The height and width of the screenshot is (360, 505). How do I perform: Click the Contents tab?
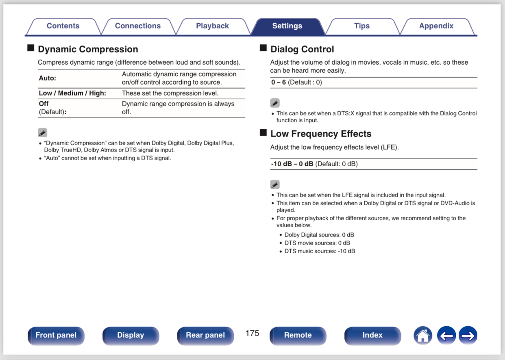pyautogui.click(x=63, y=26)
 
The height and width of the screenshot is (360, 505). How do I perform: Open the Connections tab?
pyautogui.click(x=138, y=26)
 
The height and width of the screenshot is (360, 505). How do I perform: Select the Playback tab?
pyautogui.click(x=212, y=26)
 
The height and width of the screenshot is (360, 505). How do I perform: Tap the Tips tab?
pyautogui.click(x=361, y=26)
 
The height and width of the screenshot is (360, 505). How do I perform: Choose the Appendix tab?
pyautogui.click(x=436, y=26)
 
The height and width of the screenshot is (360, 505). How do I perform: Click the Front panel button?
pyautogui.click(x=56, y=335)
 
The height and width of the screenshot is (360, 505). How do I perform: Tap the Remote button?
pyautogui.click(x=298, y=335)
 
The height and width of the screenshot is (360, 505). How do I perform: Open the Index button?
pyautogui.click(x=372, y=335)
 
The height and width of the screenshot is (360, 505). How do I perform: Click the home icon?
pyautogui.click(x=423, y=336)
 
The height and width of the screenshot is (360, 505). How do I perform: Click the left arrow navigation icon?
pyautogui.click(x=446, y=336)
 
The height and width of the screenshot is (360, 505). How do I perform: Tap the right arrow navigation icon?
pyautogui.click(x=468, y=336)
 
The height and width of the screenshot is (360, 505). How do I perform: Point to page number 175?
pyautogui.click(x=252, y=333)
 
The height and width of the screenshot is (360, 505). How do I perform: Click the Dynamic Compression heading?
pyautogui.click(x=88, y=49)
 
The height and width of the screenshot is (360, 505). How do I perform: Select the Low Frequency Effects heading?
pyautogui.click(x=320, y=134)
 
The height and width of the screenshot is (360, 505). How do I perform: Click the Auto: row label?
pyautogui.click(x=48, y=78)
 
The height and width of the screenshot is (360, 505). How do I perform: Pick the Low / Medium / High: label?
pyautogui.click(x=72, y=93)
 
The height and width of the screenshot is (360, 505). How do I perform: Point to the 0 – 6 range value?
pyautogui.click(x=279, y=82)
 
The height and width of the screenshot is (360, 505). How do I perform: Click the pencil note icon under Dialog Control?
pyautogui.click(x=275, y=103)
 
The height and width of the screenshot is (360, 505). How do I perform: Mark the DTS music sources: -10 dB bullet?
pyautogui.click(x=320, y=251)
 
